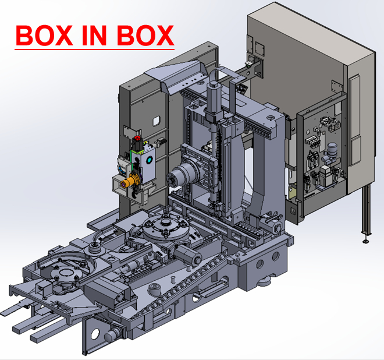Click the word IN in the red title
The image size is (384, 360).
94,36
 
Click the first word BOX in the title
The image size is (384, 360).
44,36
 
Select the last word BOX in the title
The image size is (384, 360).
145,36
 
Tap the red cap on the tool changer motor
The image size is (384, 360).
137,139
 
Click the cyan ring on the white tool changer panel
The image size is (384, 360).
149,160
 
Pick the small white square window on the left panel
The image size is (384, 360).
156,121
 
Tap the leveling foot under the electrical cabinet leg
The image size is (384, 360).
366,241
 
